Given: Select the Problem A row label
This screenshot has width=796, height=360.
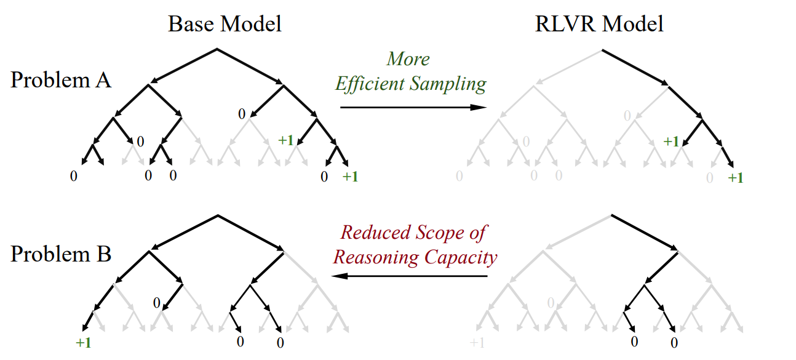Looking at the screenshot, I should [x=61, y=80].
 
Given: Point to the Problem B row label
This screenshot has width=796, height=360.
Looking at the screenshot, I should [x=61, y=254].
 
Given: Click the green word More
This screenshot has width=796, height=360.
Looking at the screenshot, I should [x=408, y=59].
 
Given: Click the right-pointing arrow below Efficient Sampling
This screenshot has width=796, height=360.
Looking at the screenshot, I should [x=413, y=107].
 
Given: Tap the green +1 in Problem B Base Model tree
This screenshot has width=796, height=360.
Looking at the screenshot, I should [x=84, y=342].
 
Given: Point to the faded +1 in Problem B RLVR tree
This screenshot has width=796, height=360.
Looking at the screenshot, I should [x=477, y=342].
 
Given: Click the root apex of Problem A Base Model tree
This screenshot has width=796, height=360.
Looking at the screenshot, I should [x=217, y=49].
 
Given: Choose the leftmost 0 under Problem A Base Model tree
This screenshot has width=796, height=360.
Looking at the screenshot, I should [x=74, y=176].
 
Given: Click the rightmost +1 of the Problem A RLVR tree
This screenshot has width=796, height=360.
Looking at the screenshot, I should [x=736, y=178].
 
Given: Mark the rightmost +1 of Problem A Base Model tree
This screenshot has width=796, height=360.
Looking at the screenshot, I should [x=351, y=177].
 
